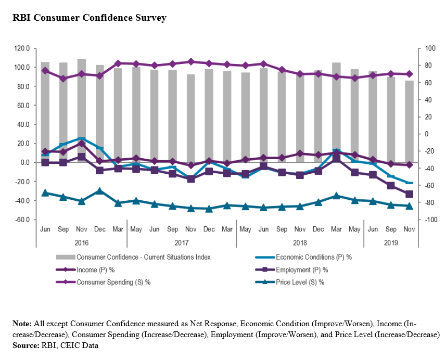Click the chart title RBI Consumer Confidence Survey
point(90,18)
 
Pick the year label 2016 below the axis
point(81,242)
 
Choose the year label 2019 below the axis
point(391,242)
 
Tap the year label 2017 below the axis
point(182,242)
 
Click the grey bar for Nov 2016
point(82,110)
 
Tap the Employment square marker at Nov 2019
point(409,194)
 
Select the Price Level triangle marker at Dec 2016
point(100,191)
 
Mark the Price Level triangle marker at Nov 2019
point(409,206)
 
